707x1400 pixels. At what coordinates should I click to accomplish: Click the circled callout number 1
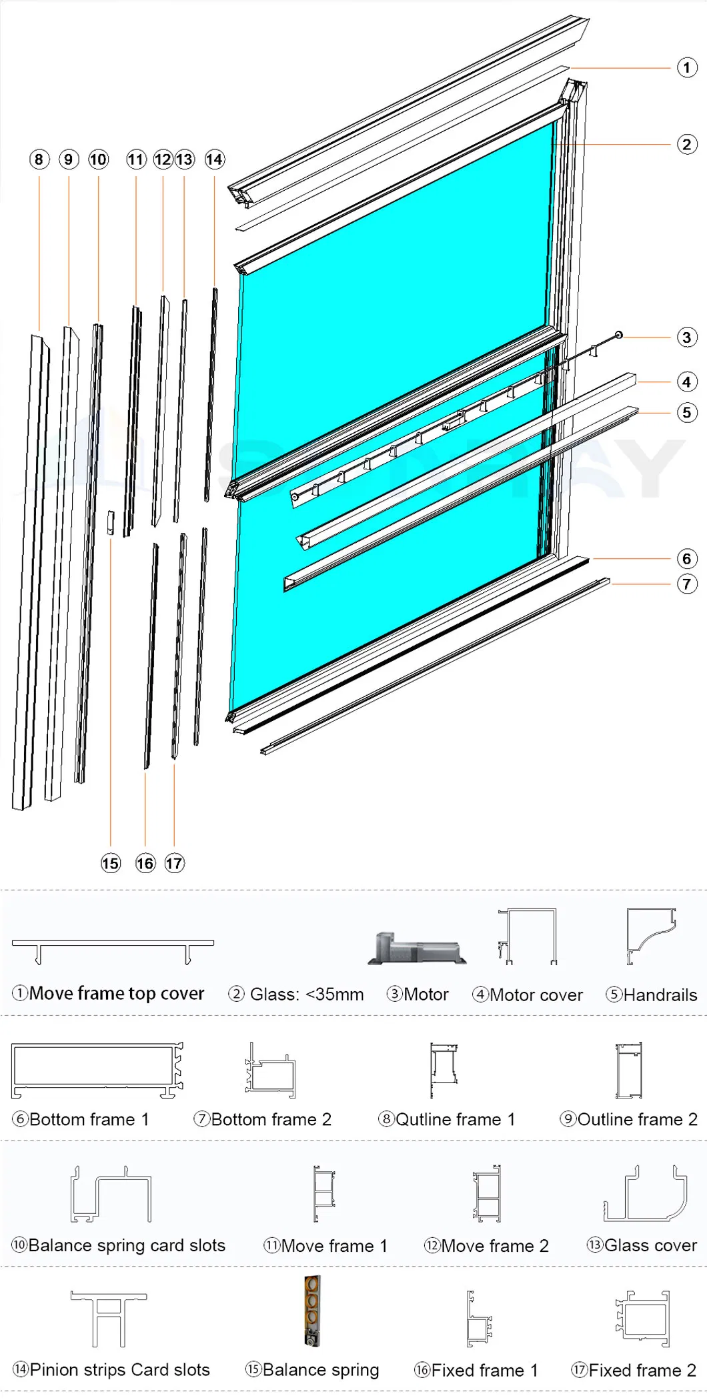[687, 67]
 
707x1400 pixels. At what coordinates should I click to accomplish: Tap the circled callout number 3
[687, 337]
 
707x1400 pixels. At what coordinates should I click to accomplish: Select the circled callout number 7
[687, 584]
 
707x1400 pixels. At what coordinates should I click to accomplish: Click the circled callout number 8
[39, 159]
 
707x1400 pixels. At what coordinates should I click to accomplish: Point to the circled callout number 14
[214, 159]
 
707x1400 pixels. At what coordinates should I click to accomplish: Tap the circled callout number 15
[111, 864]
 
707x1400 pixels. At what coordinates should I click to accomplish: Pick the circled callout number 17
[174, 864]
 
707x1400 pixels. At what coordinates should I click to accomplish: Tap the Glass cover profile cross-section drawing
[645, 1194]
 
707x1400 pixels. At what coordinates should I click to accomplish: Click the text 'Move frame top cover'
[116, 994]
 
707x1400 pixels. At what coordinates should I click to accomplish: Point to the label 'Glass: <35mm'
[306, 994]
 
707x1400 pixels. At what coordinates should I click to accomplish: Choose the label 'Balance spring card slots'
[126, 1245]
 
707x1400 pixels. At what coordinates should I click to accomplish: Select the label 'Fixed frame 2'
[642, 1370]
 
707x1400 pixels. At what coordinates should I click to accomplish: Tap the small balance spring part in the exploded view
[111, 522]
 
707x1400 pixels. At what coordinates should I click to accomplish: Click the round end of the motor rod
[619, 335]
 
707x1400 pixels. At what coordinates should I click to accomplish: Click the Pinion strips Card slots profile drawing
[109, 1319]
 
